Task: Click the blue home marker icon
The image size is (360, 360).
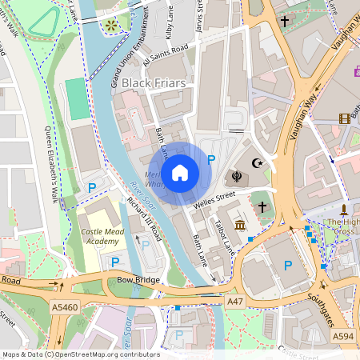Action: click(x=180, y=172)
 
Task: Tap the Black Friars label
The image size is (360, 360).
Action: click(x=154, y=82)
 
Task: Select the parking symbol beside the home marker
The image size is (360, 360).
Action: click(x=211, y=160)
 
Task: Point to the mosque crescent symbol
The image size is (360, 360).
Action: click(x=257, y=163)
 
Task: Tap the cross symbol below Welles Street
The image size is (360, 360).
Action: click(x=262, y=207)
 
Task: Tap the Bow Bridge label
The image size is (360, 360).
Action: click(x=138, y=280)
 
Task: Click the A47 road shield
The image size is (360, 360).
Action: click(x=234, y=301)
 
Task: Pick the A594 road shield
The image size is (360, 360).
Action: click(x=342, y=336)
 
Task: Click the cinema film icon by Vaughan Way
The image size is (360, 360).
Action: click(x=344, y=118)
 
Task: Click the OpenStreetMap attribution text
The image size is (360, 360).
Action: click(x=80, y=354)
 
